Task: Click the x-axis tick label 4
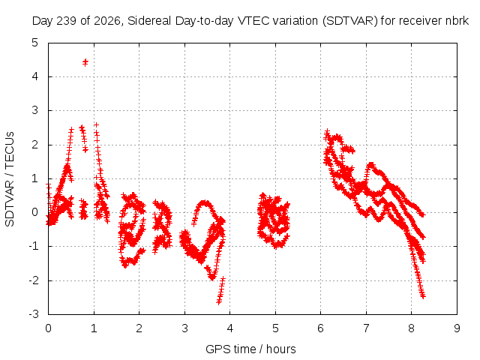(x=230, y=328)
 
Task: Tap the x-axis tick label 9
(x=457, y=328)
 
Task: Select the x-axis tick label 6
(x=321, y=328)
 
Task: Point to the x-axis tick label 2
(x=139, y=328)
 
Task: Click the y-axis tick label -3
(x=34, y=314)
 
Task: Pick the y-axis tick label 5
(x=35, y=43)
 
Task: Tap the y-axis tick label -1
(x=34, y=246)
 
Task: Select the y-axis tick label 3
(x=35, y=110)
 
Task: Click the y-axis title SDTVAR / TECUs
(x=10, y=179)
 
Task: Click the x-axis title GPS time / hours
(x=250, y=349)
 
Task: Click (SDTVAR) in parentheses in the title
(x=350, y=21)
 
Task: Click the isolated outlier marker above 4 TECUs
(x=85, y=62)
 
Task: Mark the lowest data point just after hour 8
(x=423, y=296)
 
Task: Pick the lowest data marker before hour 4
(x=219, y=302)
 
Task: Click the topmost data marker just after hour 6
(x=327, y=132)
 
